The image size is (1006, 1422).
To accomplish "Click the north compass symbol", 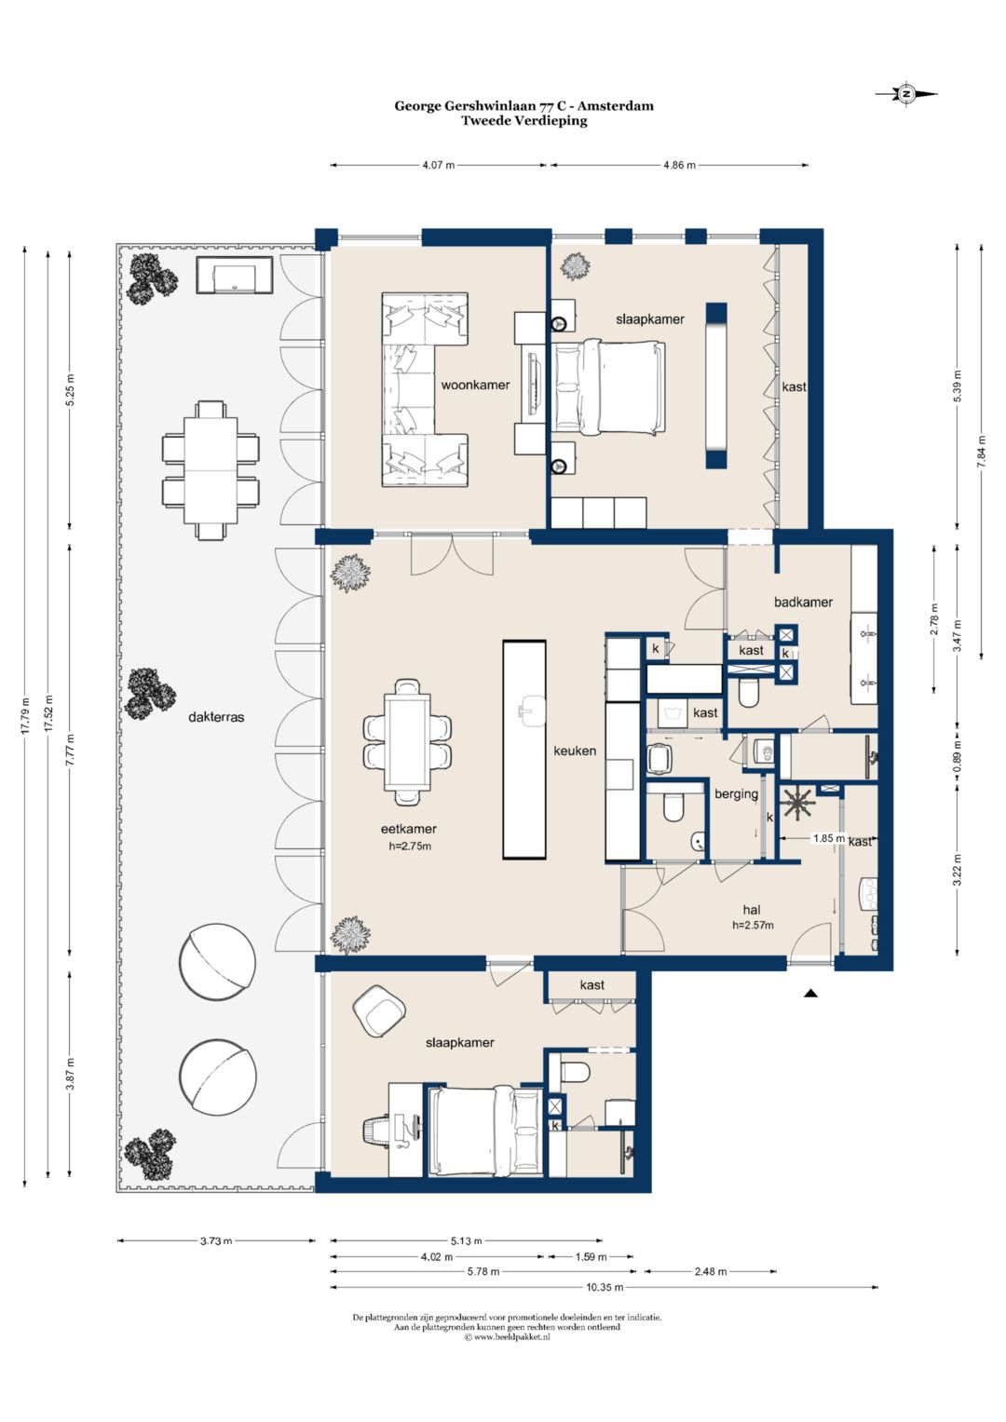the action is click(906, 94).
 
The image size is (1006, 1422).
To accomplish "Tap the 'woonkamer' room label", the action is click(475, 385).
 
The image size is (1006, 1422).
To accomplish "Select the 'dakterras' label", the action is click(216, 717).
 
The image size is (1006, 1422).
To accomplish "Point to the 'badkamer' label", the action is click(803, 602).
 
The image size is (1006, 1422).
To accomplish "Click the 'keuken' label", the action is click(575, 751).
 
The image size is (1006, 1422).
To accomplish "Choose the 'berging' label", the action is click(736, 794).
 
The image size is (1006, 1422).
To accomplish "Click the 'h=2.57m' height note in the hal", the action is click(753, 925).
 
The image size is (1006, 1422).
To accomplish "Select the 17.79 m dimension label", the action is click(25, 716).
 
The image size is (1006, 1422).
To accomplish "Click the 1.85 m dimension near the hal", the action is click(829, 838).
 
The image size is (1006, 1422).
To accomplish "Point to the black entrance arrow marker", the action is click(809, 994).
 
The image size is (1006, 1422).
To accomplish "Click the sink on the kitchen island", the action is click(532, 711).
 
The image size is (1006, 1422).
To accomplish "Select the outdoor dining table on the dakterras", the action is click(211, 470).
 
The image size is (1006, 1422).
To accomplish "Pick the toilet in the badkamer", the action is click(748, 693).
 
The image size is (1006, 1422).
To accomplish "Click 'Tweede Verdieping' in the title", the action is click(523, 121).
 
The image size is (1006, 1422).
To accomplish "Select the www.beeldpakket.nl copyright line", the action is click(507, 1336).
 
